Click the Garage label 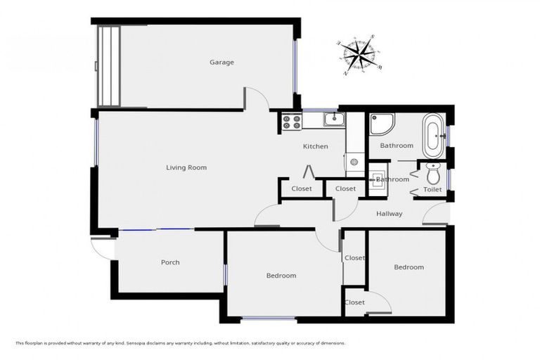click(221, 63)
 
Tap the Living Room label click(186, 167)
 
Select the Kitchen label click(315, 146)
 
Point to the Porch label click(170, 262)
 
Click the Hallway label click(389, 214)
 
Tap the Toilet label click(432, 190)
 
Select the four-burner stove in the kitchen click(291, 122)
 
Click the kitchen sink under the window click(333, 120)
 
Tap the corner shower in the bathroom click(381, 124)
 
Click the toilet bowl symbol click(432, 173)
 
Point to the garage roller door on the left click(109, 66)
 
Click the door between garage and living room click(257, 99)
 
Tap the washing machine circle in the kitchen click(354, 162)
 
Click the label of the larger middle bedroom click(281, 276)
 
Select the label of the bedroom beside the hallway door click(409, 267)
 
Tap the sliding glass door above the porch click(156, 229)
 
